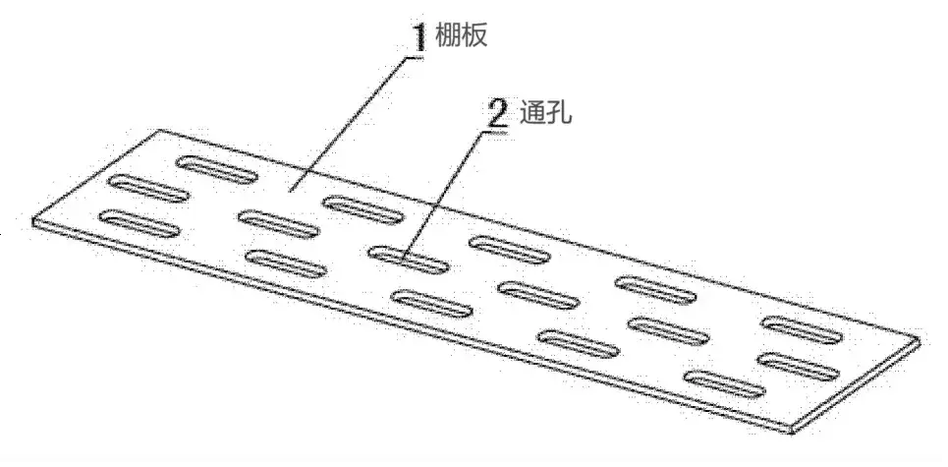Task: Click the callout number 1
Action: (418, 37)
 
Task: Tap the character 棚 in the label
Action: (448, 35)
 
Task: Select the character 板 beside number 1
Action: (474, 35)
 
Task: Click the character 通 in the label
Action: (532, 112)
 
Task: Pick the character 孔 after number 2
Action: (559, 112)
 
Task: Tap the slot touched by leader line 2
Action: (409, 260)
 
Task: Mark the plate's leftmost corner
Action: (32, 221)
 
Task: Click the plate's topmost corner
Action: (159, 130)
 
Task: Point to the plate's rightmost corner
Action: (920, 341)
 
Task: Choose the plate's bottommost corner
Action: (791, 431)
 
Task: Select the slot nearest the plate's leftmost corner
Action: (139, 222)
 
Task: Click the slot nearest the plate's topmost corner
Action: (216, 170)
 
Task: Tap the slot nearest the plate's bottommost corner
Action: (724, 384)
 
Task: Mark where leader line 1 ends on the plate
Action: (291, 191)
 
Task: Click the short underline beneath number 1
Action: (414, 57)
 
